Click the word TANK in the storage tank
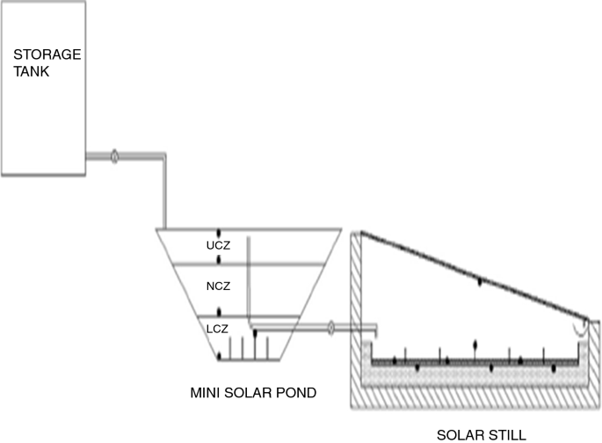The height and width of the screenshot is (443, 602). pyautogui.click(x=31, y=71)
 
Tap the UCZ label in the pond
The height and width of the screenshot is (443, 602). pyautogui.click(x=218, y=244)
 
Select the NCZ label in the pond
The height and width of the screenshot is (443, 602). pyautogui.click(x=218, y=287)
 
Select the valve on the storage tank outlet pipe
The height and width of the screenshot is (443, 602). pyautogui.click(x=114, y=157)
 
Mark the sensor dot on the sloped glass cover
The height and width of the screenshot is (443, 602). pyautogui.click(x=479, y=281)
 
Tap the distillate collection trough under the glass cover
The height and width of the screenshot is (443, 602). pyautogui.click(x=583, y=327)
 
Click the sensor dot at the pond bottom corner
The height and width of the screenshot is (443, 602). pyautogui.click(x=218, y=356)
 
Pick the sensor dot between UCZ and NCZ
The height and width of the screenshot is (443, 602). pyautogui.click(x=219, y=263)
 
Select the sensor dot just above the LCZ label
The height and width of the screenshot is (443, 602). pyautogui.click(x=219, y=312)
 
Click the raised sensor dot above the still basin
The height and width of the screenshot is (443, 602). pyautogui.click(x=476, y=344)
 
